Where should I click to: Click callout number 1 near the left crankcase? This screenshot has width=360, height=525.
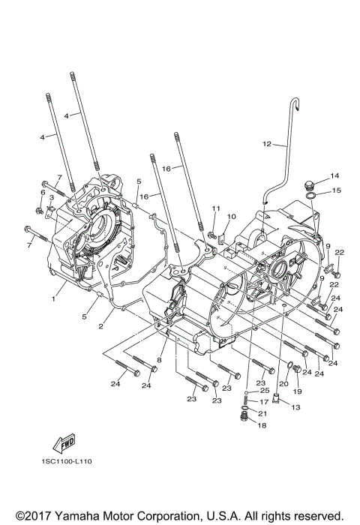(53, 298)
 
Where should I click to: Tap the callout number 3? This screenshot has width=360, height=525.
(51, 198)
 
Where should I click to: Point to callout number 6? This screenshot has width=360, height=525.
(43, 193)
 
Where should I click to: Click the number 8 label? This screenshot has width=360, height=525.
(159, 361)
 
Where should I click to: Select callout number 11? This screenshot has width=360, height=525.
(214, 208)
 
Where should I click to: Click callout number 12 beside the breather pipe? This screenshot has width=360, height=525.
(244, 143)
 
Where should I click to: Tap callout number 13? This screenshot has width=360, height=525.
(294, 407)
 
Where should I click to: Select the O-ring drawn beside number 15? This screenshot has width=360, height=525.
(311, 198)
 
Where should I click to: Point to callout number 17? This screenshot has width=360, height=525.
(263, 402)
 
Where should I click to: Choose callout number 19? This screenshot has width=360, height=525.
(296, 391)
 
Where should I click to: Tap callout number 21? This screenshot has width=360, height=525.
(263, 413)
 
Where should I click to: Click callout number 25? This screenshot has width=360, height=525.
(264, 391)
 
